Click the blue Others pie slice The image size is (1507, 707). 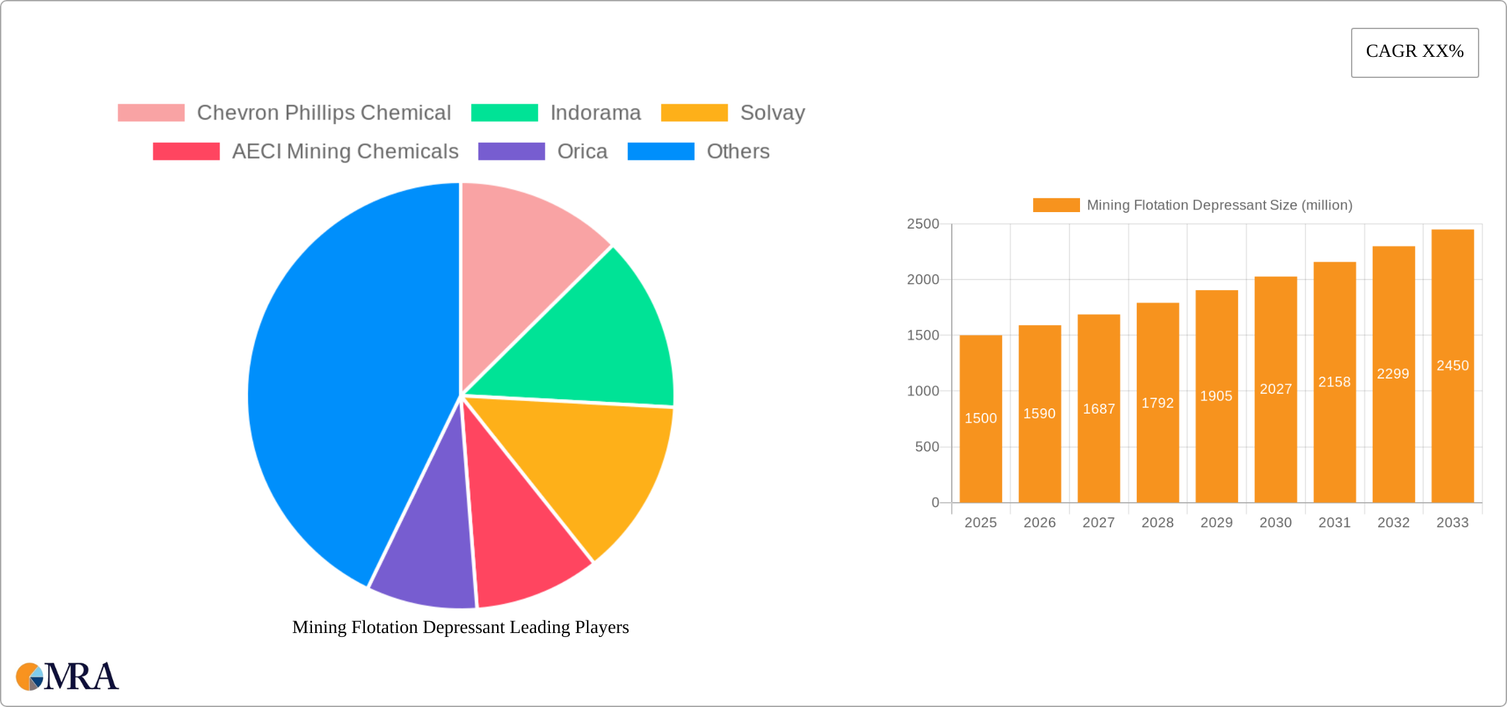point(344,383)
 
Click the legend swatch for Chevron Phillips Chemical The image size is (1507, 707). point(151,113)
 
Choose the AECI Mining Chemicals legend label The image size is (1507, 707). point(344,151)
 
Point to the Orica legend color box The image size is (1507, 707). point(511,151)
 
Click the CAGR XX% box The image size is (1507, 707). point(1414,52)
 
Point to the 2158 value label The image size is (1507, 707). point(1334,382)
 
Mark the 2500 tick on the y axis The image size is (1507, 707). point(923,224)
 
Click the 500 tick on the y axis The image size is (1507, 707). point(927,447)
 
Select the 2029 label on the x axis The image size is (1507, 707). point(1216,523)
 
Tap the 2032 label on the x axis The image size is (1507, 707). point(1393,523)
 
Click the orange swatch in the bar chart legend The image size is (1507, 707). point(1056,205)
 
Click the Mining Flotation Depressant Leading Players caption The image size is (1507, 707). point(460,627)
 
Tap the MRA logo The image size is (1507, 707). point(67,677)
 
